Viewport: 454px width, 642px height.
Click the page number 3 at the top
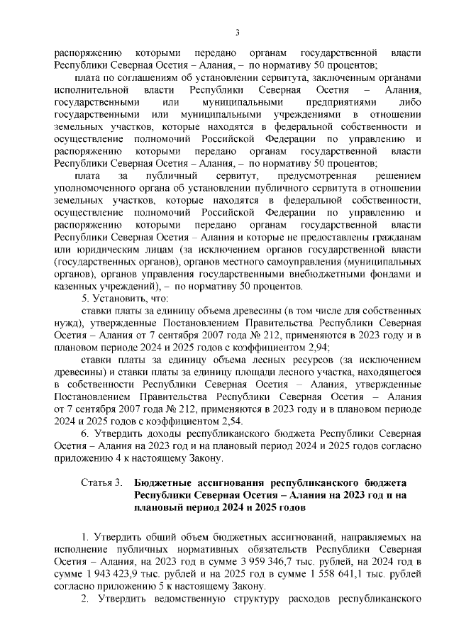click(238, 31)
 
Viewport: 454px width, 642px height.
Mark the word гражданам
click(393, 237)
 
